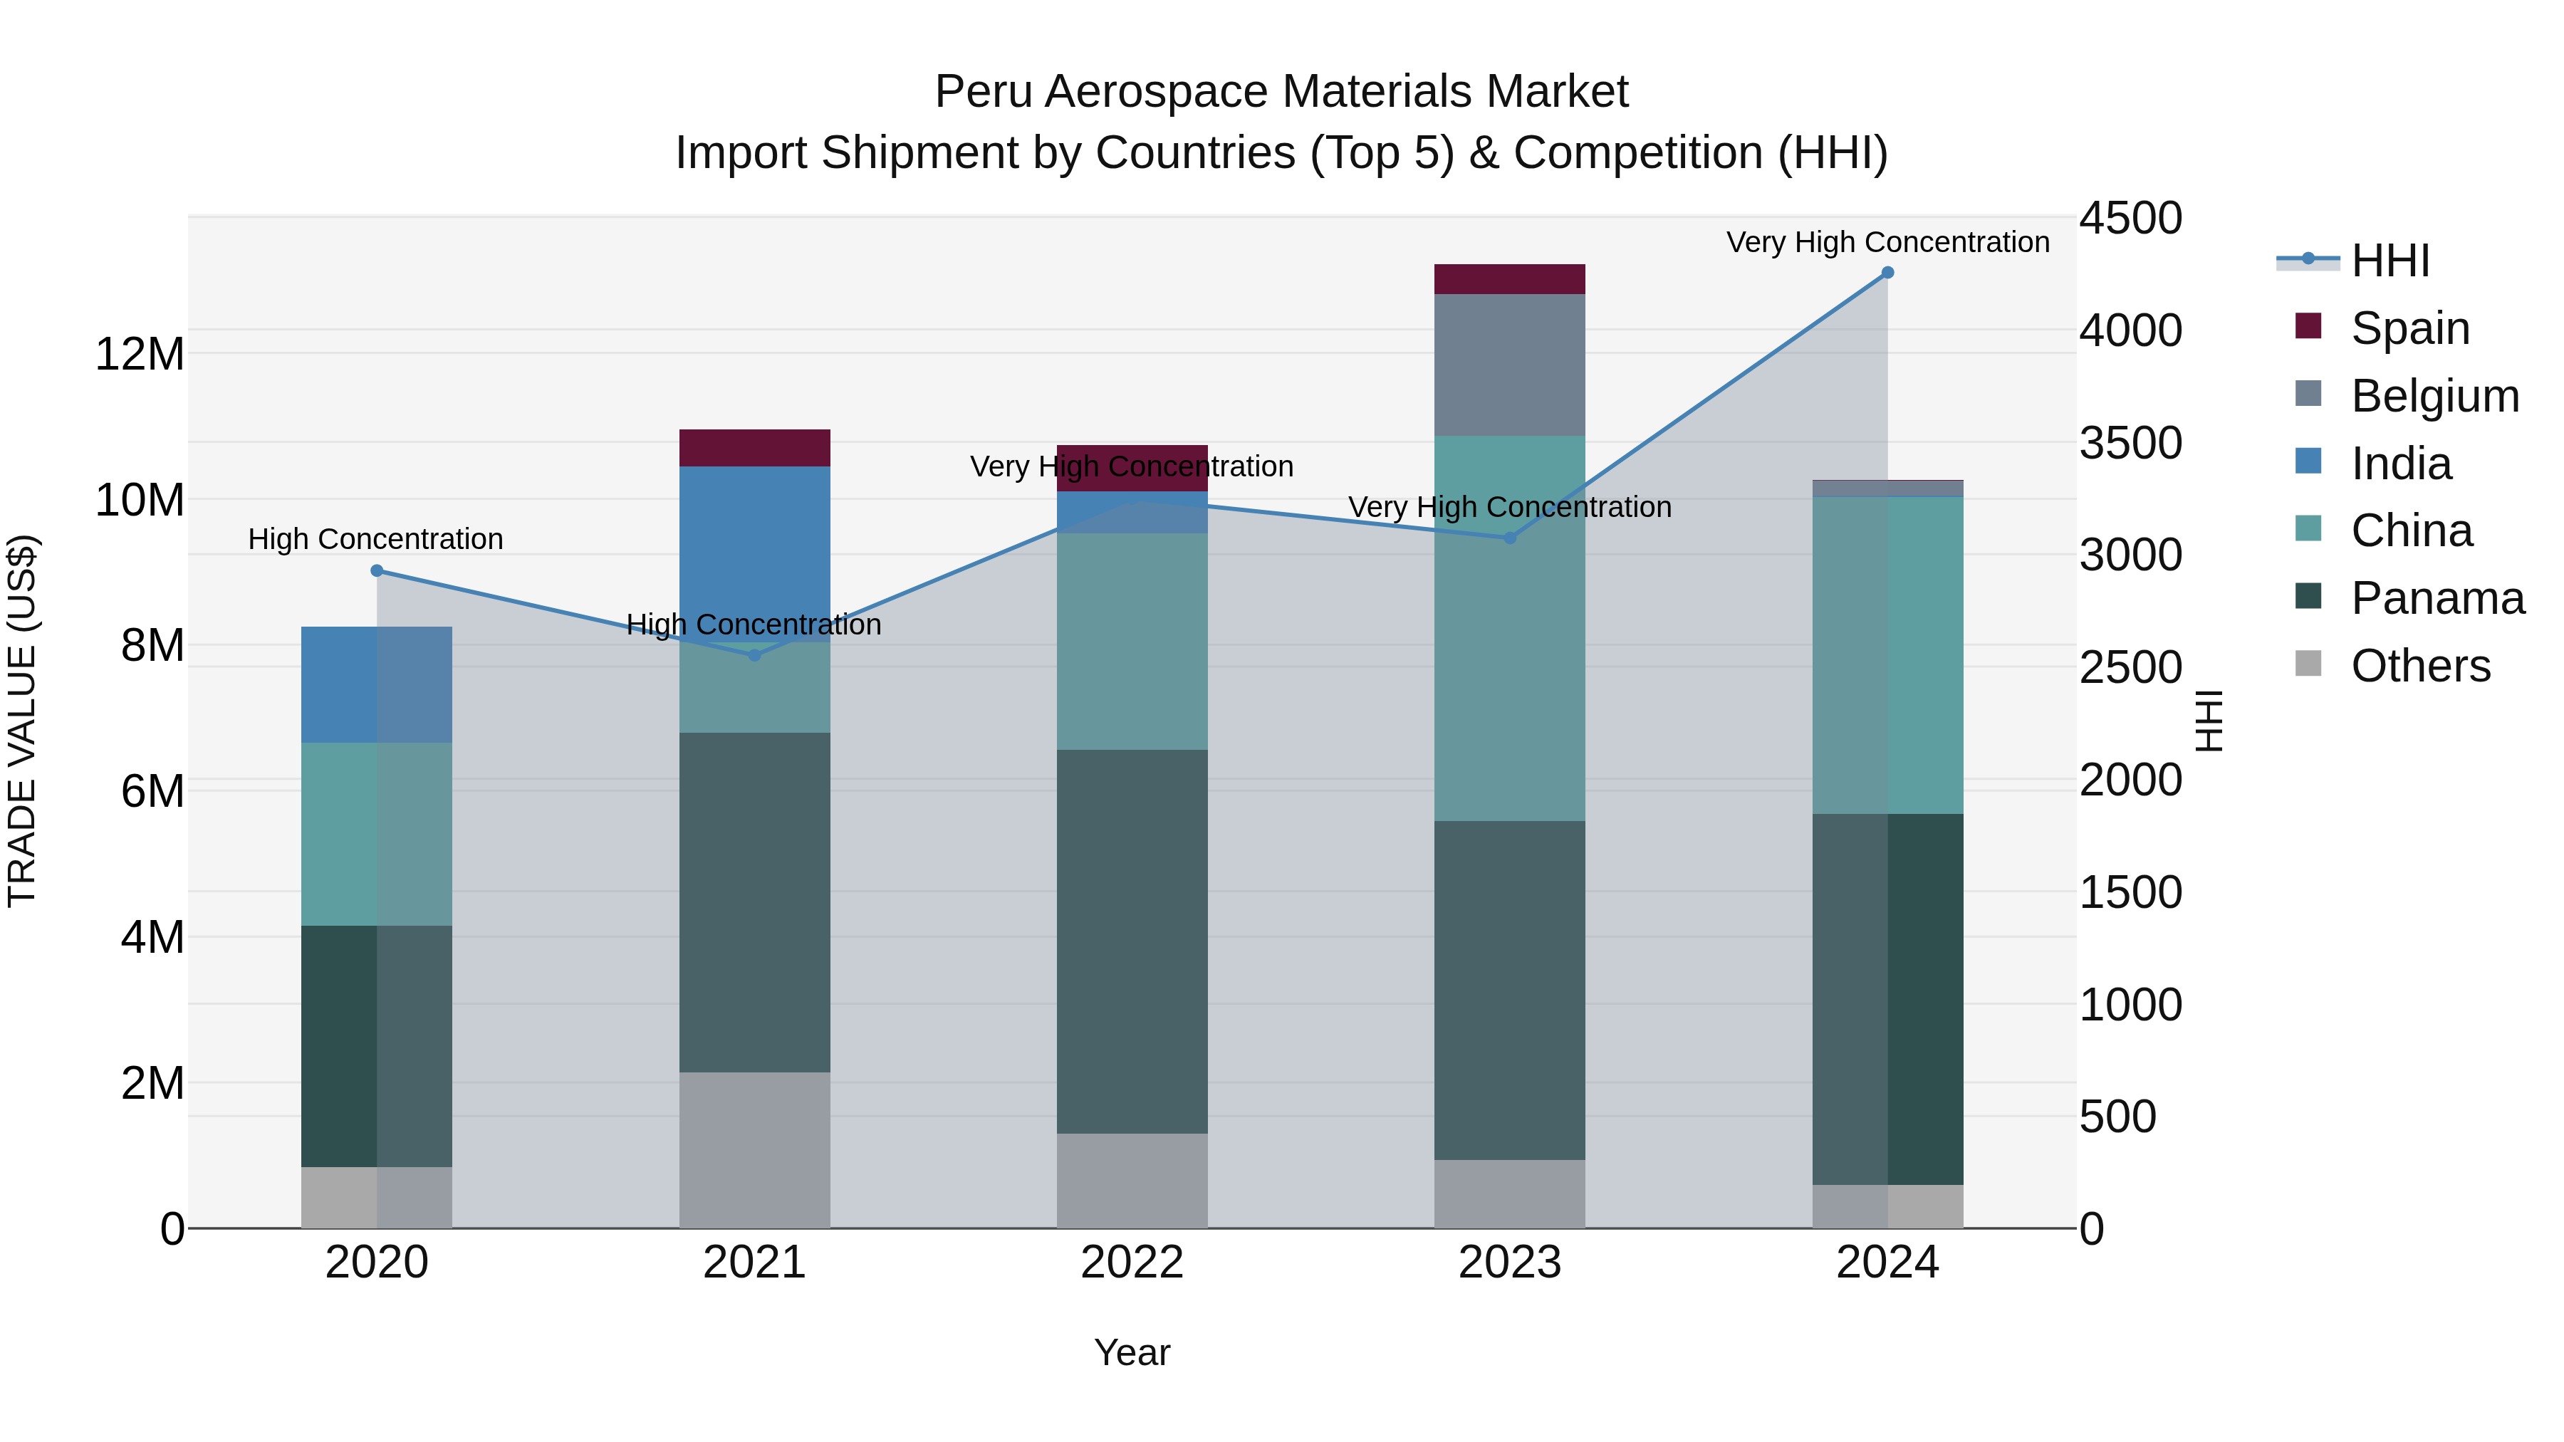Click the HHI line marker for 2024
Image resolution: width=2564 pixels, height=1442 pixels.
1887,273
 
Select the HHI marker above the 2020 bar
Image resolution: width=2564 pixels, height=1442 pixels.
376,570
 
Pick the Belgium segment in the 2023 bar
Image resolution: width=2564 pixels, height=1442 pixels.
1509,364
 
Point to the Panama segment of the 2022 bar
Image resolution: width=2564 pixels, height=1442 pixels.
1132,941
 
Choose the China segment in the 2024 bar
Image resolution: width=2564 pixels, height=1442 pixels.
1887,655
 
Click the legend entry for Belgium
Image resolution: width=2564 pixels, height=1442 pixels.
2434,396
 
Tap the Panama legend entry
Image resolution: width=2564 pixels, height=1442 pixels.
2437,598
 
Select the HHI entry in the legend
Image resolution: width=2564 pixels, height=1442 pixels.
2389,261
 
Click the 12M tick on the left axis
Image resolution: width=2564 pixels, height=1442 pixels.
140,355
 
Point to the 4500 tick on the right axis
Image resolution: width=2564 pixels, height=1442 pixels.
2130,218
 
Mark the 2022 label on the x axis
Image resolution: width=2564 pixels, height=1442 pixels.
1132,1263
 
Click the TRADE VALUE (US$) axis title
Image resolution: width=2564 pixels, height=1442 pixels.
22,721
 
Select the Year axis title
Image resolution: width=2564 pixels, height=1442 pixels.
1132,1352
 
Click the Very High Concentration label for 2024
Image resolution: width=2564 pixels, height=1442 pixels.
1887,242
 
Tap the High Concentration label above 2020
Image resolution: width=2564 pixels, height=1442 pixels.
375,538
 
